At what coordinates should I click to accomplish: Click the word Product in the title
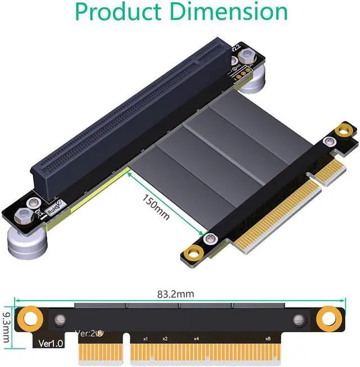[119, 12]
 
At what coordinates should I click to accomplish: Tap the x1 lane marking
[145, 339]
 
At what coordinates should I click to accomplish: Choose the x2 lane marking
[165, 339]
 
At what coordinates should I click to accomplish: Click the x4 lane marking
[196, 339]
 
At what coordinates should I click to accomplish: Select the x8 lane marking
[268, 339]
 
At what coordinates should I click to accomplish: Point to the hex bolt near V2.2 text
[246, 57]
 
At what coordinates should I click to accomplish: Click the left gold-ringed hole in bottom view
[26, 319]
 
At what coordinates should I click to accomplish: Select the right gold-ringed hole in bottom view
[327, 319]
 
